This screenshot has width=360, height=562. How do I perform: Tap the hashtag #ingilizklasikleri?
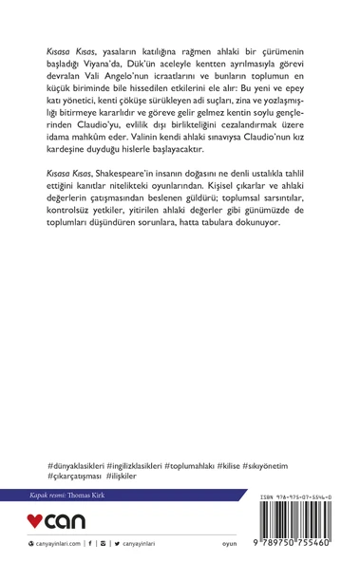click(x=143, y=468)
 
